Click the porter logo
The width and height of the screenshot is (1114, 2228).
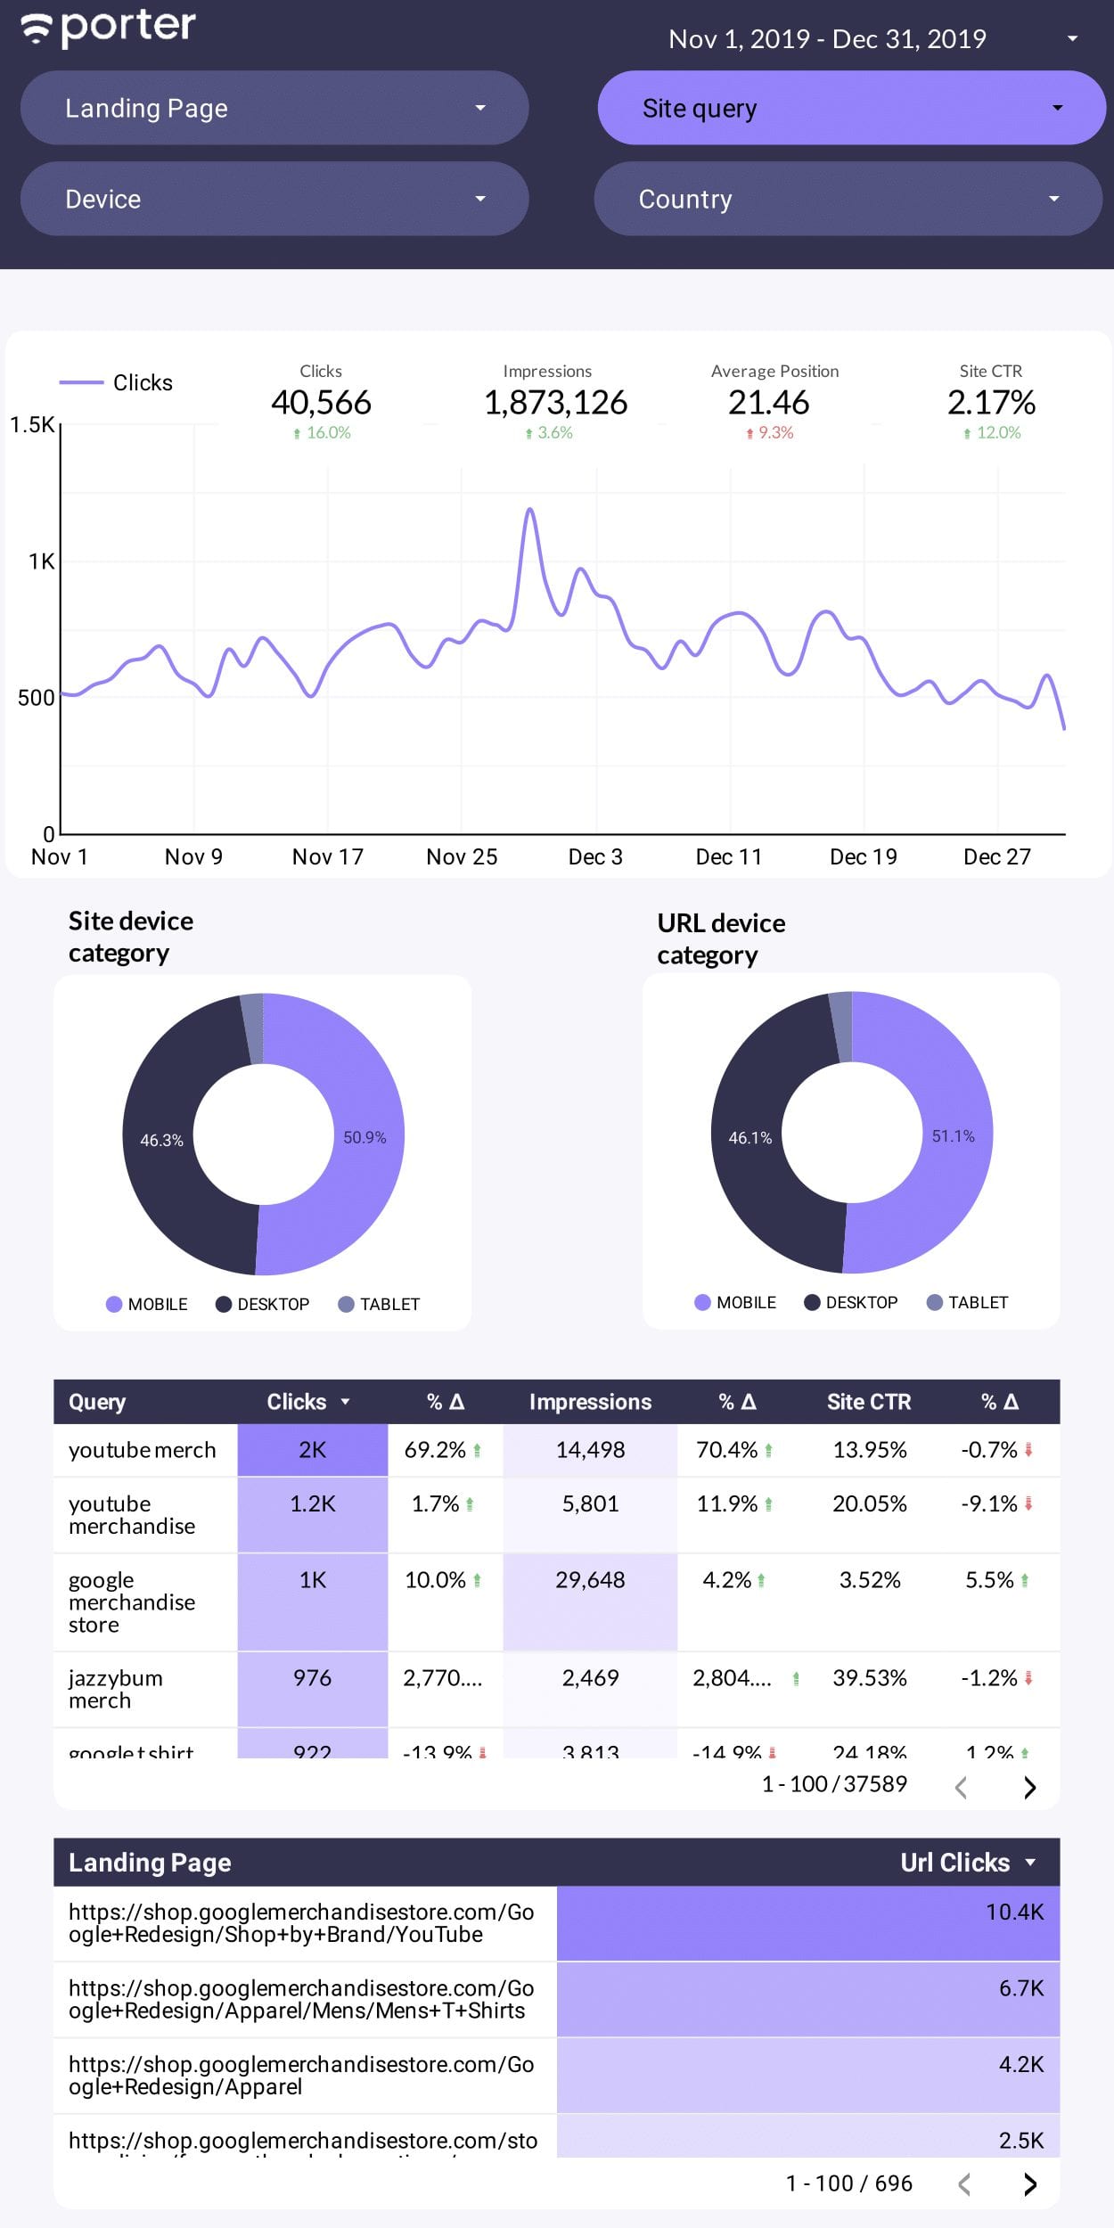tap(108, 28)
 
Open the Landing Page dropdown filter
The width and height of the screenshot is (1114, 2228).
tap(274, 108)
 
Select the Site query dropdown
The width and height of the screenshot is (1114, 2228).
tap(851, 108)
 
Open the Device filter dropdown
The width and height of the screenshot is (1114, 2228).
tap(274, 199)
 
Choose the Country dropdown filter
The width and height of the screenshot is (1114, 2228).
tap(848, 199)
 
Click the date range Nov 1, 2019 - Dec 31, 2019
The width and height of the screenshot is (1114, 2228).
tap(827, 39)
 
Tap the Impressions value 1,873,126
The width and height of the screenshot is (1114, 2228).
tap(555, 403)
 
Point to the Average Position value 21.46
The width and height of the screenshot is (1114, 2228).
tap(768, 403)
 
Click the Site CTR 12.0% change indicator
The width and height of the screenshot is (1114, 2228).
tap(992, 433)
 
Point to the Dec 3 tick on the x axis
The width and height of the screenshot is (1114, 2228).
tap(595, 856)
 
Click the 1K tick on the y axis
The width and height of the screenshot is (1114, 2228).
tap(41, 561)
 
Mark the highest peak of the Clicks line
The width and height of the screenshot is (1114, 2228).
tap(530, 510)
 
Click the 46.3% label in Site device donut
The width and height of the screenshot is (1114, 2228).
tap(161, 1141)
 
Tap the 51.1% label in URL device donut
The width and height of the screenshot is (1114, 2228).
tap(953, 1136)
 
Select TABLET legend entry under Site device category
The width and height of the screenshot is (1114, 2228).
tap(379, 1305)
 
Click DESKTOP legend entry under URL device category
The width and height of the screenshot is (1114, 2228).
tap(851, 1303)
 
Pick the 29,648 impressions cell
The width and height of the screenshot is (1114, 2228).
tap(590, 1580)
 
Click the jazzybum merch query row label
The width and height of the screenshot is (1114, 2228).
tap(116, 1689)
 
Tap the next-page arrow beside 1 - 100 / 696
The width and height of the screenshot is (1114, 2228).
tap(1030, 2183)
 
